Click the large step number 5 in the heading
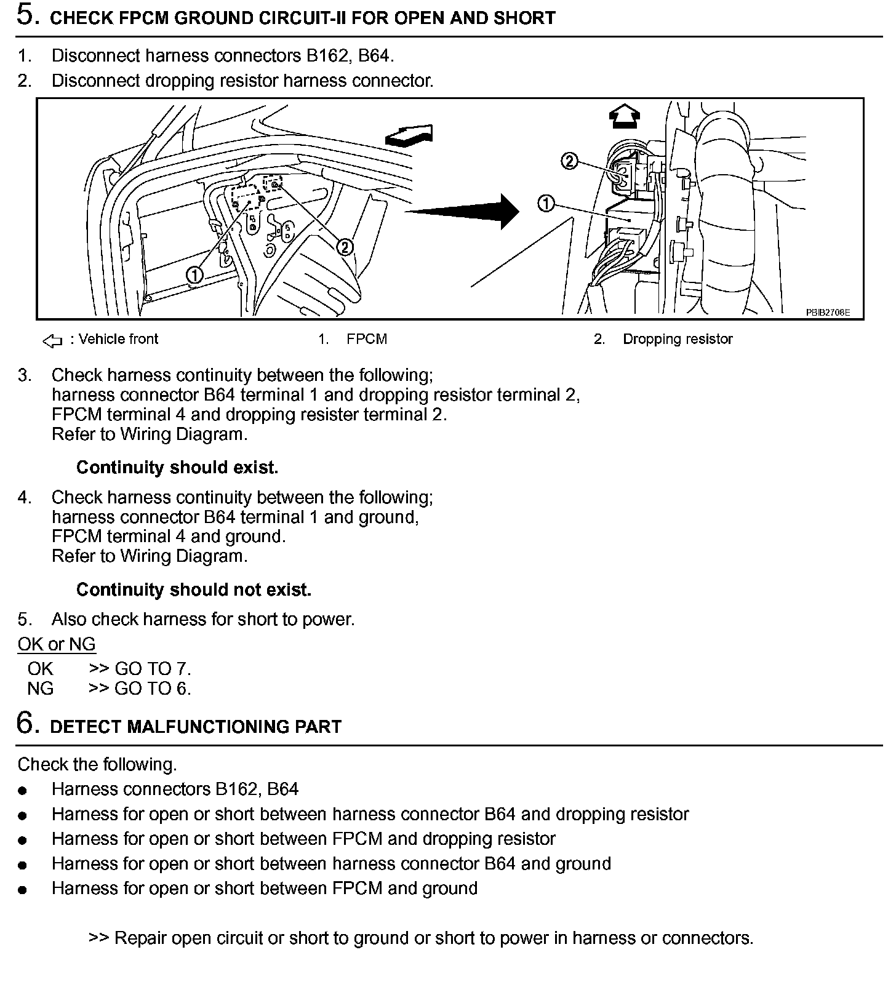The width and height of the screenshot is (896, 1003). [x=26, y=15]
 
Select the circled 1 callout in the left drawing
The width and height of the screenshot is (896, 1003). [x=195, y=275]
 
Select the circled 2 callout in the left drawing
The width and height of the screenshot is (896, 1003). [x=345, y=247]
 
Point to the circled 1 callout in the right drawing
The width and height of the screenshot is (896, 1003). [x=545, y=203]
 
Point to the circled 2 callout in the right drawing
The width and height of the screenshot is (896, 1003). [x=569, y=161]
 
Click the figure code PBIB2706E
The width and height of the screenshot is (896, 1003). [x=828, y=313]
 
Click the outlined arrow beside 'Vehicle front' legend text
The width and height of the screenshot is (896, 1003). [x=52, y=340]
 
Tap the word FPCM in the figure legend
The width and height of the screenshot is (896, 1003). [x=367, y=339]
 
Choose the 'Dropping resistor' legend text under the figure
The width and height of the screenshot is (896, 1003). [x=678, y=339]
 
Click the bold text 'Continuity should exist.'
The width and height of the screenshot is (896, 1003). [x=177, y=468]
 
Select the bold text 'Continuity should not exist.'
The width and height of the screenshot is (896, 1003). [x=194, y=589]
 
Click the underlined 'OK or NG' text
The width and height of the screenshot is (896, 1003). [x=57, y=644]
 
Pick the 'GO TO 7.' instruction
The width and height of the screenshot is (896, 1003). [x=153, y=669]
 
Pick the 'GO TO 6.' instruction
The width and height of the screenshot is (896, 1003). [x=153, y=689]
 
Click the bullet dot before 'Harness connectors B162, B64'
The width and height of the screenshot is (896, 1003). [x=23, y=790]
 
